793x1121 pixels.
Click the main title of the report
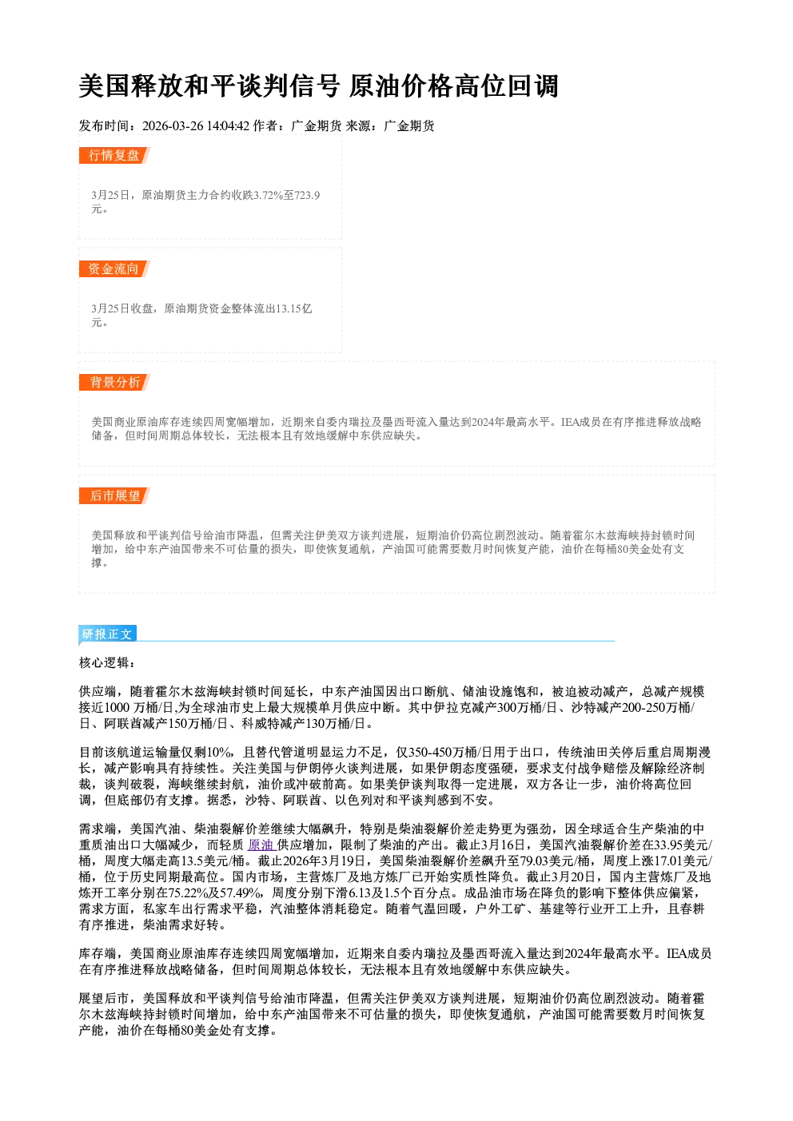pos(318,85)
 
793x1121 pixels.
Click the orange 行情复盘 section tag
pos(114,155)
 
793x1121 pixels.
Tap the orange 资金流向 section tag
pos(114,268)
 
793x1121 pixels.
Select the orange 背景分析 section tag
pos(114,383)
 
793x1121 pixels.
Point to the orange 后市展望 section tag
pos(114,496)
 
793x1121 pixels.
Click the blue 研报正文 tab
pos(107,634)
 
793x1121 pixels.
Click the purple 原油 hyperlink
pos(261,845)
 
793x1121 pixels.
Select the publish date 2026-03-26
pos(172,126)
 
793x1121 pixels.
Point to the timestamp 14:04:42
pos(228,126)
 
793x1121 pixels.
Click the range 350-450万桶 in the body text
pos(442,753)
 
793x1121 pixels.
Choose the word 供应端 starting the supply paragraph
pos(98,692)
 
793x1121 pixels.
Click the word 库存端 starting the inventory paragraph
pos(98,954)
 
